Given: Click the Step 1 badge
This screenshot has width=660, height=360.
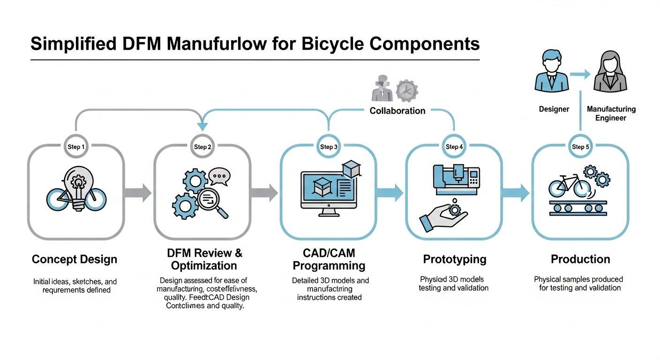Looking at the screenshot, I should pyautogui.click(x=76, y=147).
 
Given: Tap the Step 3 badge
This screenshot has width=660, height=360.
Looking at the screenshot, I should pyautogui.click(x=328, y=147).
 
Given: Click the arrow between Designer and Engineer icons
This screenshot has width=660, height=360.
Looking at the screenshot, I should pyautogui.click(x=581, y=74).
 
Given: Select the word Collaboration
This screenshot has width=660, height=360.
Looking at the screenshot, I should pyautogui.click(x=397, y=111).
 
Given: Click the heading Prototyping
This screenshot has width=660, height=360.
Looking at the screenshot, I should pyautogui.click(x=454, y=259).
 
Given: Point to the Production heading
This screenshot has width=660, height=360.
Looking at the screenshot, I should pyautogui.click(x=580, y=259).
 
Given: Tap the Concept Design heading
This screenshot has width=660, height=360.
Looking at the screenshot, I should pyautogui.click(x=75, y=259).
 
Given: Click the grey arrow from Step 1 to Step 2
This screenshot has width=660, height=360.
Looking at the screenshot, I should pyautogui.click(x=138, y=192).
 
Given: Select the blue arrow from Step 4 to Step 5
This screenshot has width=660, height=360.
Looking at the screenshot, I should pyautogui.click(x=516, y=192).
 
